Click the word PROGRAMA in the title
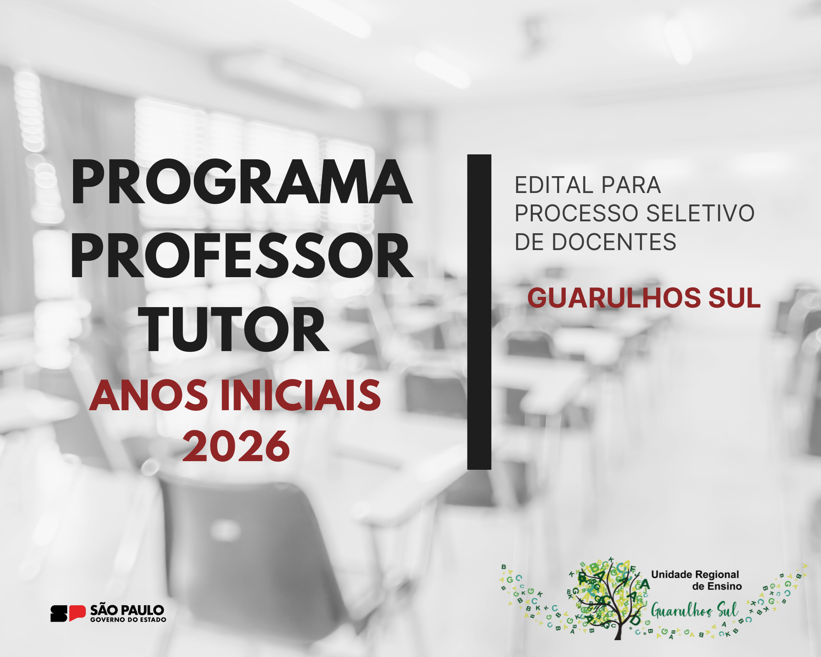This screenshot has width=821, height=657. click(x=241, y=182)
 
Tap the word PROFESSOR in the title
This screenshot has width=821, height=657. click(x=242, y=255)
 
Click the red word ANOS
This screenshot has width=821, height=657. click(x=149, y=395)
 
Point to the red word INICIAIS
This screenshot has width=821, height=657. click(x=301, y=395)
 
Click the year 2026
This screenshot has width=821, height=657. click(x=236, y=446)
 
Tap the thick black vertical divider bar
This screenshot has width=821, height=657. click(x=479, y=312)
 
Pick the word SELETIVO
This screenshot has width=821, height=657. click(x=700, y=213)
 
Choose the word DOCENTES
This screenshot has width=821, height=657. click(x=614, y=242)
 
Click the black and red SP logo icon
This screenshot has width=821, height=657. click(x=68, y=613)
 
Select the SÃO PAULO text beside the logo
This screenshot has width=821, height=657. click(x=127, y=610)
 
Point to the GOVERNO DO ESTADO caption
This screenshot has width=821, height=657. click(x=128, y=620)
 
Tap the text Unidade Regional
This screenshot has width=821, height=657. click(x=695, y=574)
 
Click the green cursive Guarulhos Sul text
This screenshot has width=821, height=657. click(x=695, y=611)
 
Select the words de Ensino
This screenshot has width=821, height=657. click(x=717, y=586)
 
